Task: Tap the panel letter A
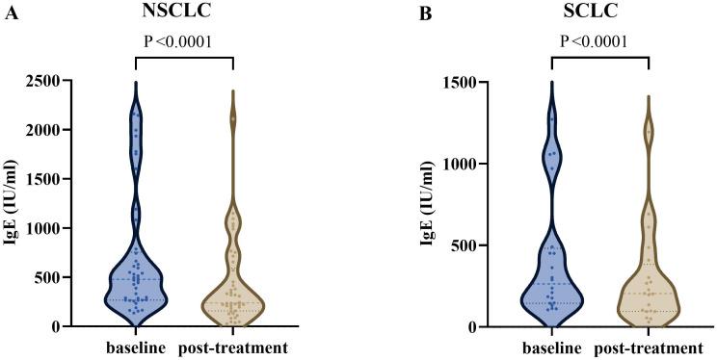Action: point(11,13)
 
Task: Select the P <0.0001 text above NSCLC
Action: point(184,41)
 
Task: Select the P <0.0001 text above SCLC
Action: point(600,41)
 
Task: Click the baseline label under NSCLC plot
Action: point(135,347)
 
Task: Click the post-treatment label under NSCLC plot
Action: point(232,347)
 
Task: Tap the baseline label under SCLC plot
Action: point(552,347)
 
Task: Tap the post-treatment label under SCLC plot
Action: point(649,347)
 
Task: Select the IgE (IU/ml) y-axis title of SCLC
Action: point(435,204)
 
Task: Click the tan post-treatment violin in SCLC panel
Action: point(650,298)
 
